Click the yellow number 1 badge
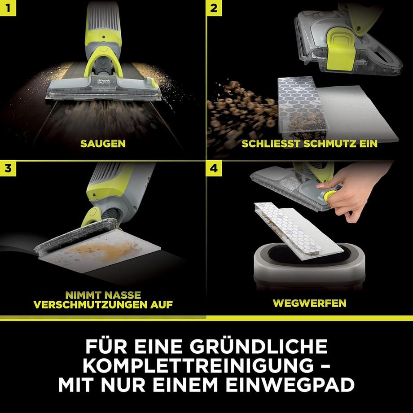8,8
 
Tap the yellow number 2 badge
214,8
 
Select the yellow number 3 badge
8,168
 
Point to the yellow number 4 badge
214,168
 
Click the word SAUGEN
103,144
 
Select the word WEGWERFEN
309,303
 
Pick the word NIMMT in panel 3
81,295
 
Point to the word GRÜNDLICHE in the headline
259,346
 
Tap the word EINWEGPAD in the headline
290,385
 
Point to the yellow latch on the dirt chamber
340,49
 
